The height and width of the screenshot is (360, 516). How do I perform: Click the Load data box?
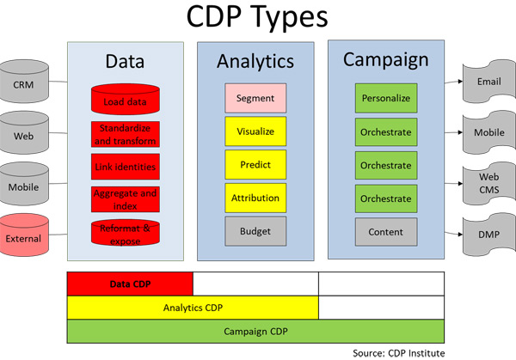[x=124, y=101]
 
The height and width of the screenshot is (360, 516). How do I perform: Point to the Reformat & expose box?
[x=124, y=232]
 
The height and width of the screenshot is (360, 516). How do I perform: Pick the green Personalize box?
[x=384, y=98]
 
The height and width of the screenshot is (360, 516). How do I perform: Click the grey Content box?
[x=384, y=232]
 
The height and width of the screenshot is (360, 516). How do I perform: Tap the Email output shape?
[x=488, y=82]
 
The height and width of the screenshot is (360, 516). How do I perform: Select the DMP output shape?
[x=488, y=233]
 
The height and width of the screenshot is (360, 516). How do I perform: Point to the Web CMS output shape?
[x=488, y=182]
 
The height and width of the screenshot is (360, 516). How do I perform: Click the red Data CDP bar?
[x=130, y=284]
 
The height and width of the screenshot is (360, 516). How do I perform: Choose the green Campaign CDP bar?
[x=255, y=331]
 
